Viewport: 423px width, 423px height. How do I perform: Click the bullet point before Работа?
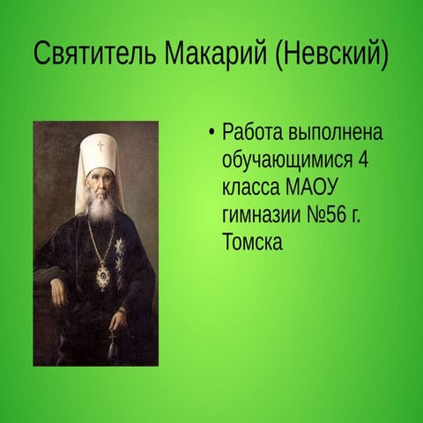pos(211,135)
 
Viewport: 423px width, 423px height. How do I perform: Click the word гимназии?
pos(262,216)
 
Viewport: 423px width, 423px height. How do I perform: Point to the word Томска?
pos(253,242)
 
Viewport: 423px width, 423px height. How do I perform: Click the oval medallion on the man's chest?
pos(104,275)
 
